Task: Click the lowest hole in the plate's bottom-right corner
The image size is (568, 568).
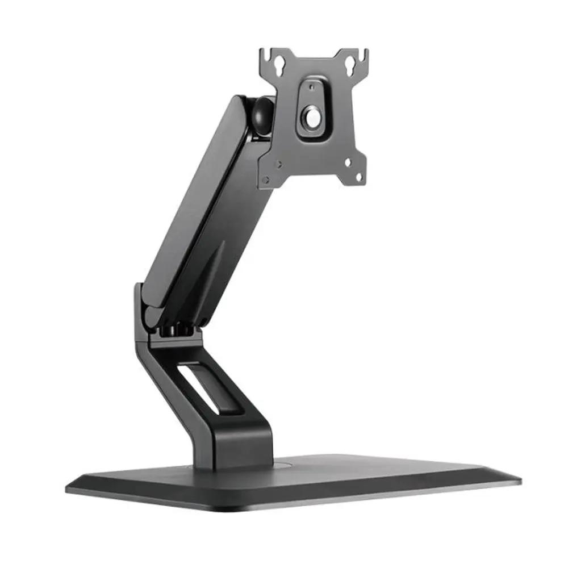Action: click(x=358, y=177)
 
